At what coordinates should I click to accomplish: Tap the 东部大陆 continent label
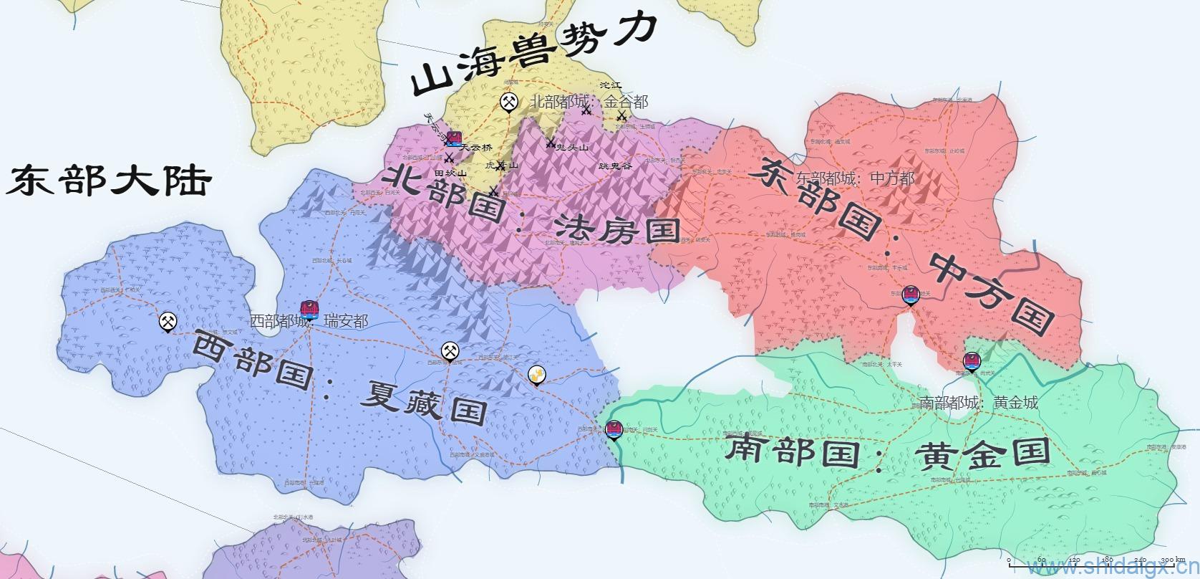109,181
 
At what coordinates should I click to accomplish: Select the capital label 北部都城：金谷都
589,102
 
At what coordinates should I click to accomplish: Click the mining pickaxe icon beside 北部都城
508,102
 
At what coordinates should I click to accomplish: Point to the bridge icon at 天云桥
453,138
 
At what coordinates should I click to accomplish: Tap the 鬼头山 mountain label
572,148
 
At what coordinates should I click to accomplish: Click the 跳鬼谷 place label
615,166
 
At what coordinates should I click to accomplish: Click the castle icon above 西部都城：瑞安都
309,310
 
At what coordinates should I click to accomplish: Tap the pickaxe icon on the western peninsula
168,322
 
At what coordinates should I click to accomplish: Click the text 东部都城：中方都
855,178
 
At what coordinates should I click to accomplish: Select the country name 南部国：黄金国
888,453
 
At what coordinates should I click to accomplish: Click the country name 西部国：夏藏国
340,380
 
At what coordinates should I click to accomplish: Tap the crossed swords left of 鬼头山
551,143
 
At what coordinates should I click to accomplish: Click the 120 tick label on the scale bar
1075,560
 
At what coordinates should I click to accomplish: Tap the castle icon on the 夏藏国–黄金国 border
614,430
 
